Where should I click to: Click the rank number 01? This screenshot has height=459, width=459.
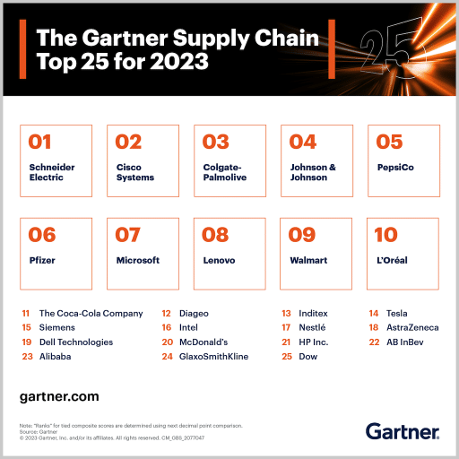click(41, 142)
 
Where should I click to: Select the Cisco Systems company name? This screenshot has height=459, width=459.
click(135, 172)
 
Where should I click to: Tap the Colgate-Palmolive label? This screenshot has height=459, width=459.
click(224, 172)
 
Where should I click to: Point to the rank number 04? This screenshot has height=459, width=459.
click(303, 142)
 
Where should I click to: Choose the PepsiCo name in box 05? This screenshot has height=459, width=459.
click(395, 167)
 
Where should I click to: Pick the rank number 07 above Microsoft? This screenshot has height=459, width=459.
click(129, 235)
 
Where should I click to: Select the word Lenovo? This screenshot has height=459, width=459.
click(219, 260)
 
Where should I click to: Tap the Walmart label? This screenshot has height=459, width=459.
click(308, 260)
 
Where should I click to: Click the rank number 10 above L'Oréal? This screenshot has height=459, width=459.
click(385, 235)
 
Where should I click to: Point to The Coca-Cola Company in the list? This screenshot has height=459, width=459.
click(91, 314)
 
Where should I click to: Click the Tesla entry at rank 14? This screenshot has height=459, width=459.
click(396, 314)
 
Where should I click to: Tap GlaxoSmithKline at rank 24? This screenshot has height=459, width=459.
click(212, 357)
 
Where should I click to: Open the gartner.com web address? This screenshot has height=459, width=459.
click(59, 395)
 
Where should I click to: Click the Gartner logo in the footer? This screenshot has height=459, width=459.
click(403, 431)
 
